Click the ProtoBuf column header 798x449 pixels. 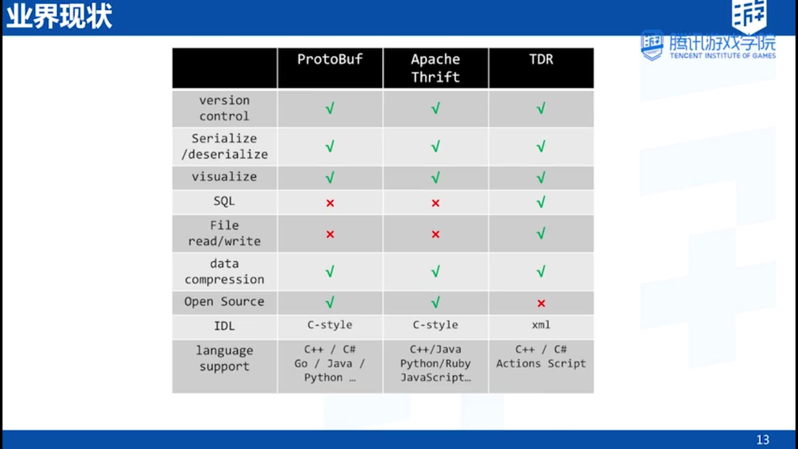pyautogui.click(x=330, y=59)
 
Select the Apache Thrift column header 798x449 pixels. pyautogui.click(x=436, y=68)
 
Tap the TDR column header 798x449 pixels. pyautogui.click(x=541, y=59)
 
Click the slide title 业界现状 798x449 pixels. pyautogui.click(x=59, y=17)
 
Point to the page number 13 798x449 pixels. pyautogui.click(x=763, y=439)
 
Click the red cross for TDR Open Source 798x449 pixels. pyautogui.click(x=541, y=303)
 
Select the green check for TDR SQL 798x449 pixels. pyautogui.click(x=541, y=202)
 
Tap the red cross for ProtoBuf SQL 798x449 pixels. pyautogui.click(x=330, y=203)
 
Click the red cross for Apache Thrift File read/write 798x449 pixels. pyautogui.click(x=436, y=234)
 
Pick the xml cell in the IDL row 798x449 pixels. pyautogui.click(x=541, y=325)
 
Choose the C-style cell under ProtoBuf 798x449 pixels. pyautogui.click(x=330, y=325)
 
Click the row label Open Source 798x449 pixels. pyautogui.click(x=224, y=301)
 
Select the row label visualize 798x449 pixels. pyautogui.click(x=224, y=177)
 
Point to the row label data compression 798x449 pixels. pyautogui.click(x=224, y=271)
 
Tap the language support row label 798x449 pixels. pyautogui.click(x=224, y=358)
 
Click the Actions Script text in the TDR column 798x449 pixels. pyautogui.click(x=541, y=363)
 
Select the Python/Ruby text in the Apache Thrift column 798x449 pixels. pyautogui.click(x=436, y=363)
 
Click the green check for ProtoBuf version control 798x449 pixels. pyautogui.click(x=330, y=109)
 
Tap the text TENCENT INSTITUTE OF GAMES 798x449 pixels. pyautogui.click(x=723, y=56)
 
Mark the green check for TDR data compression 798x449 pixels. pyautogui.click(x=541, y=271)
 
